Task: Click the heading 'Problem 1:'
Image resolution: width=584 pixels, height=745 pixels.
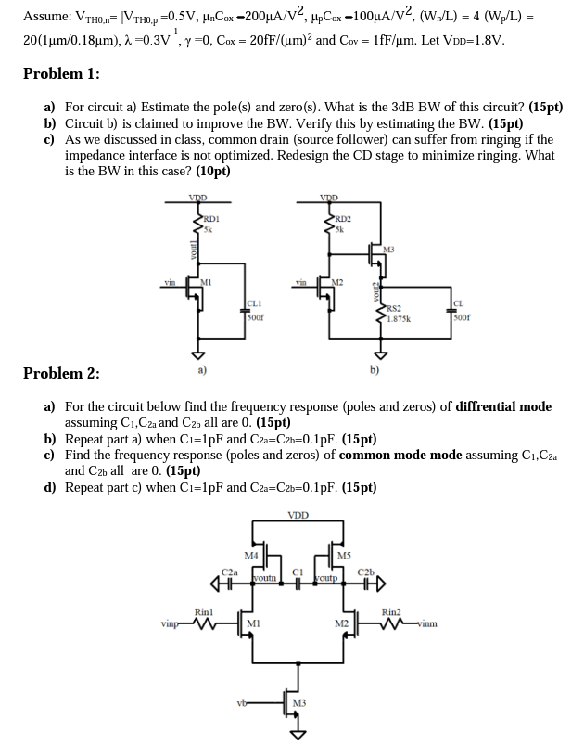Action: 61,74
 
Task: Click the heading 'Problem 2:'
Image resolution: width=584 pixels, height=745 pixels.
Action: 61,373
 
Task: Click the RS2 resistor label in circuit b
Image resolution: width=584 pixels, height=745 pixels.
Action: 393,307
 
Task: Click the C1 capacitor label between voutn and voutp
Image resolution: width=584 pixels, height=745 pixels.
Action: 297,571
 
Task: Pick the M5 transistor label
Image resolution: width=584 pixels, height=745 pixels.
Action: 344,555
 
